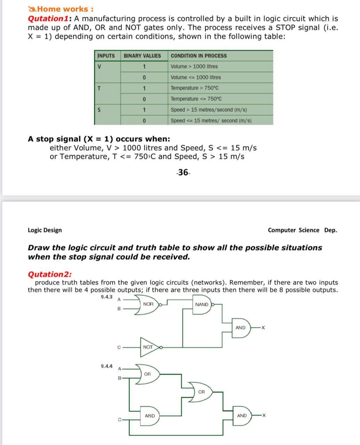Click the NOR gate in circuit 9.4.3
coord(148,304)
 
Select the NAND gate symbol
coord(202,305)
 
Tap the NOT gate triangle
coord(148,347)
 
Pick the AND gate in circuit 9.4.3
coord(240,328)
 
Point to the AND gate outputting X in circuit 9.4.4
coord(242,416)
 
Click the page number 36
coord(183,172)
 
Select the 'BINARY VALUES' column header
coord(142,56)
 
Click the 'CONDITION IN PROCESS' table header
coord(198,56)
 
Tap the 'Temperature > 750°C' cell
coord(195,88)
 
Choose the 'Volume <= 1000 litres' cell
coord(196,77)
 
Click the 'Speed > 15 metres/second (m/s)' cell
coord(209,110)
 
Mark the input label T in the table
coord(99,88)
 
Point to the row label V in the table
coord(99,66)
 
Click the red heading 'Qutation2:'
coord(49,274)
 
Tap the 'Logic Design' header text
coord(45,230)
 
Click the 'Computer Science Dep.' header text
coord(302,230)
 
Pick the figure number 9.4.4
coord(107,366)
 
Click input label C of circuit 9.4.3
coord(119,347)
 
